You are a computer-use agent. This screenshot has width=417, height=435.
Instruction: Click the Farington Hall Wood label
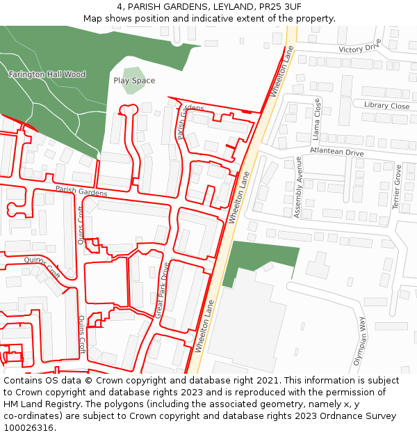pyautogui.click(x=47, y=74)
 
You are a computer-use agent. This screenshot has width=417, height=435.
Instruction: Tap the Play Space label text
pyautogui.click(x=134, y=81)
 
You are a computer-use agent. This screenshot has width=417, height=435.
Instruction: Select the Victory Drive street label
pyautogui.click(x=359, y=47)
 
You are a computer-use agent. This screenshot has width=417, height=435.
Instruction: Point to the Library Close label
pyautogui.click(x=386, y=106)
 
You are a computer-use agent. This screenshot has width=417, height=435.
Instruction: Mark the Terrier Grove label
pyautogui.click(x=398, y=187)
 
